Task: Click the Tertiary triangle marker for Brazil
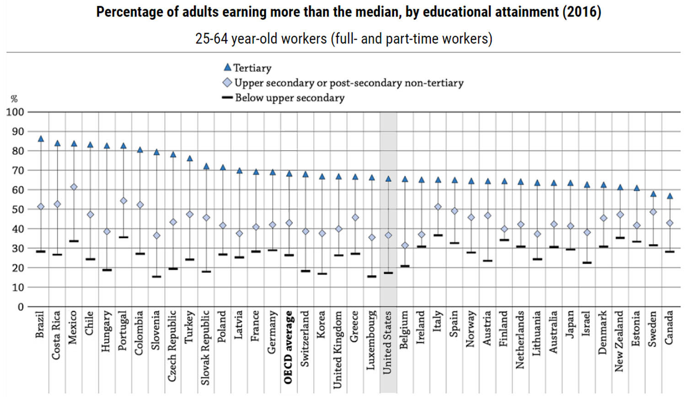pyautogui.click(x=41, y=139)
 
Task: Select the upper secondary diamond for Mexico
pyautogui.click(x=74, y=187)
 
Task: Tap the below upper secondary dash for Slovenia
pyautogui.click(x=156, y=277)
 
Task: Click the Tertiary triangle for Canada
pyautogui.click(x=670, y=196)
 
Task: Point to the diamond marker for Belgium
pyautogui.click(x=405, y=245)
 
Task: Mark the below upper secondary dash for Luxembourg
pyautogui.click(x=372, y=276)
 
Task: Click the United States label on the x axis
pyautogui.click(x=387, y=342)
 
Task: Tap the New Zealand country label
pyautogui.click(x=619, y=341)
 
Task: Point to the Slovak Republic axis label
pyautogui.click(x=205, y=347)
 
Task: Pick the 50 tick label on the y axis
pyautogui.click(x=17, y=209)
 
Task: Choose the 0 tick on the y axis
pyautogui.click(x=20, y=307)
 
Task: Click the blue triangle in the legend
pyautogui.click(x=227, y=67)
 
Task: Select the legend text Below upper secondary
pyautogui.click(x=289, y=98)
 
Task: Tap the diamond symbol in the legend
pyautogui.click(x=227, y=83)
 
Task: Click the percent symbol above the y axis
pyautogui.click(x=14, y=99)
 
